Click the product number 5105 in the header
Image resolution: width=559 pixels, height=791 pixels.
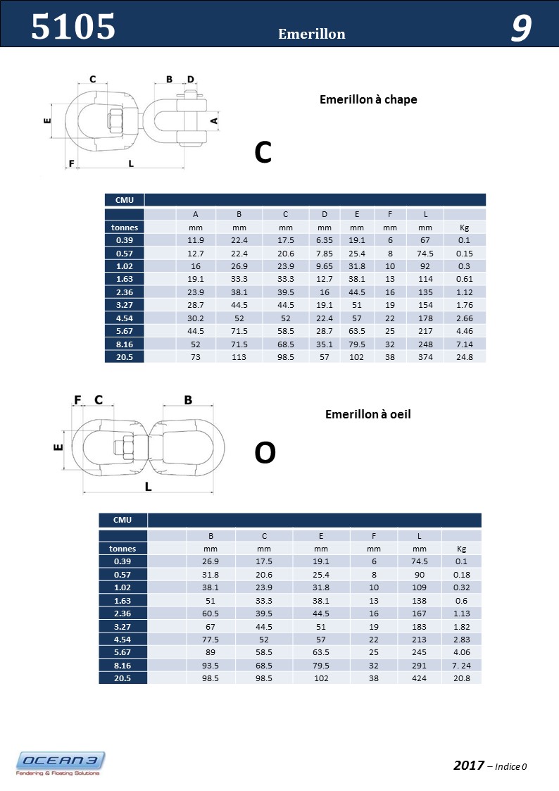[73, 27]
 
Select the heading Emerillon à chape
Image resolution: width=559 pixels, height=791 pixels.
[368, 100]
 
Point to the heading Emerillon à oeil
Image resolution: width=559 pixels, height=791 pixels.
[368, 415]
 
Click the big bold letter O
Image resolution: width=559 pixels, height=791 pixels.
[265, 454]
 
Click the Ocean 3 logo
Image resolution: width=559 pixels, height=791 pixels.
[61, 763]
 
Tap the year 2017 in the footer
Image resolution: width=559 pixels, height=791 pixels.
[469, 766]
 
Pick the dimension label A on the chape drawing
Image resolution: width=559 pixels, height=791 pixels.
[215, 120]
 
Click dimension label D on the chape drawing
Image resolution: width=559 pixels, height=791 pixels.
[191, 80]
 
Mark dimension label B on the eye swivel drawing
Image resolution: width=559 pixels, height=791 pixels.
[188, 400]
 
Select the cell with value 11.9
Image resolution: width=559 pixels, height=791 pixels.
[195, 240]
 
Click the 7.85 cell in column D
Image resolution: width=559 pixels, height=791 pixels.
[324, 253]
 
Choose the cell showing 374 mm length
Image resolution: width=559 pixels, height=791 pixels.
[425, 357]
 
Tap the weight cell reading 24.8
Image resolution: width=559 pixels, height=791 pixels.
[464, 357]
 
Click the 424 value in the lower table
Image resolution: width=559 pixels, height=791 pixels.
[420, 678]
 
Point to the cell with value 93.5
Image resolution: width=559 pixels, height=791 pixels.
[211, 666]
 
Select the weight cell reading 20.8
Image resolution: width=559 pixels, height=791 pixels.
[461, 678]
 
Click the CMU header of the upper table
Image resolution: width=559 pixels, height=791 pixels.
[125, 200]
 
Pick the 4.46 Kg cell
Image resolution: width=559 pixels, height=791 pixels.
[464, 331]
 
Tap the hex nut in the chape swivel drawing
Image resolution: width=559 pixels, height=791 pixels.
[115, 120]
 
